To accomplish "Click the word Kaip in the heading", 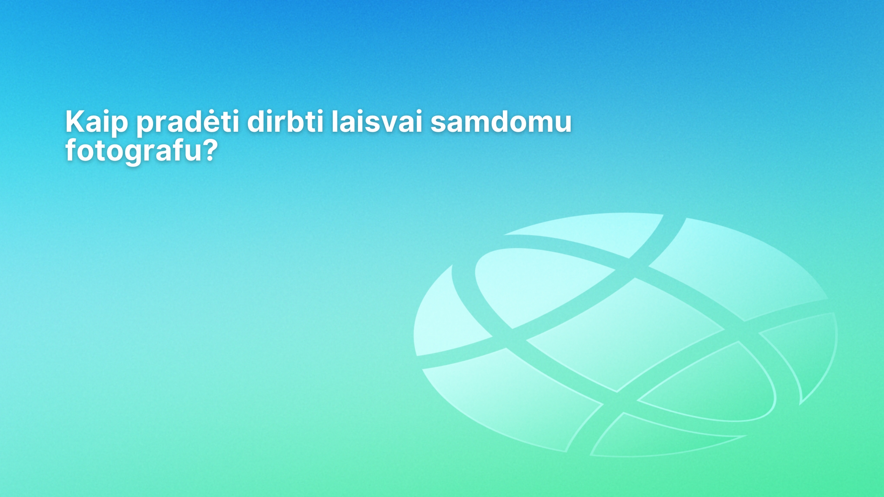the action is click(x=97, y=123).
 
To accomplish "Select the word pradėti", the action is click(x=188, y=123).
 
